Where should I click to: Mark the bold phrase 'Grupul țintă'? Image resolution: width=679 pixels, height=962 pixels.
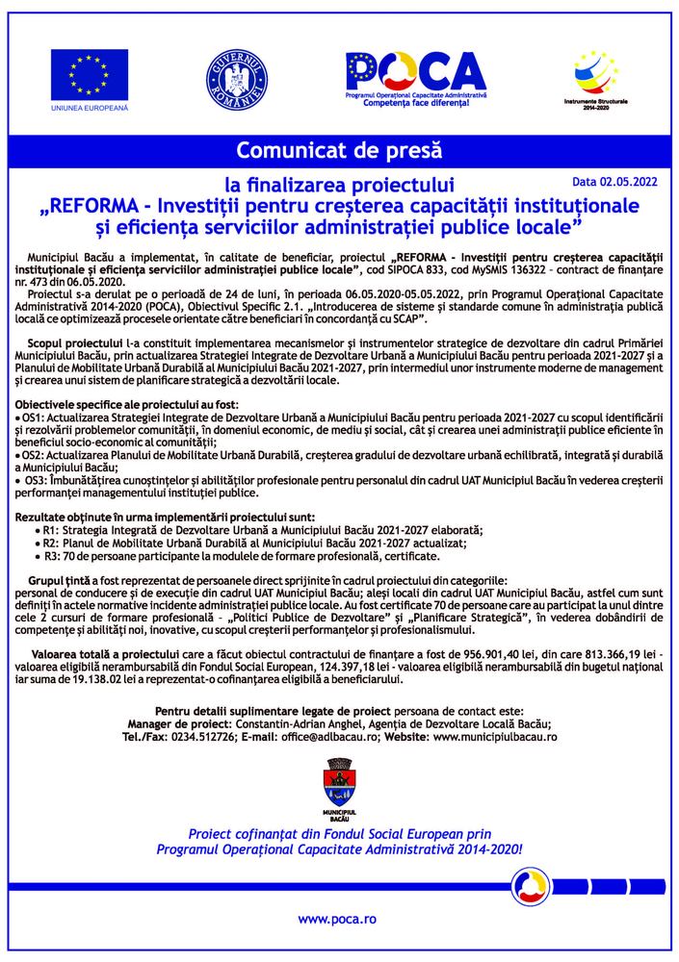coord(59,581)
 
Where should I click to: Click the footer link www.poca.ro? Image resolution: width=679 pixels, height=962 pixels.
coord(337,919)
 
